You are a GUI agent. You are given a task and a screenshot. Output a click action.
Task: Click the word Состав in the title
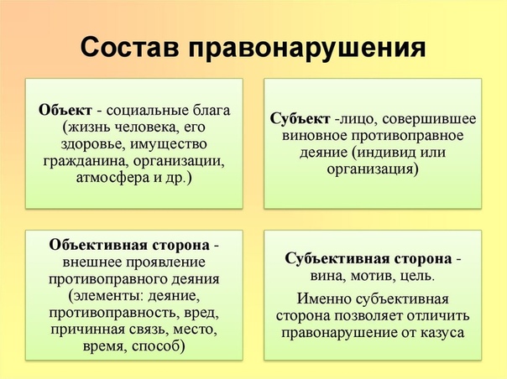tap(129, 48)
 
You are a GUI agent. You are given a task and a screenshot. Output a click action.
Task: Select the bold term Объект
tap(65, 110)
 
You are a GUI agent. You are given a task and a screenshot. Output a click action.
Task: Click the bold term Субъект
tap(300, 118)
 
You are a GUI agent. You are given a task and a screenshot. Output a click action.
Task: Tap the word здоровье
tap(93, 144)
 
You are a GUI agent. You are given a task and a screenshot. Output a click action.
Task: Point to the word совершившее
tap(429, 119)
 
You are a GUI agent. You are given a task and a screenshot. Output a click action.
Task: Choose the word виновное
tap(314, 136)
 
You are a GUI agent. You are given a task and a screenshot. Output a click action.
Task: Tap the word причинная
tap(87, 330)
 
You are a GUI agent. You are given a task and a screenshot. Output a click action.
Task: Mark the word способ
tap(158, 346)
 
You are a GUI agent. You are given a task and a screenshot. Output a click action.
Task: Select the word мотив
tap(374, 276)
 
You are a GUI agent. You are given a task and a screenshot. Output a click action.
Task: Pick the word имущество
tap(169, 144)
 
